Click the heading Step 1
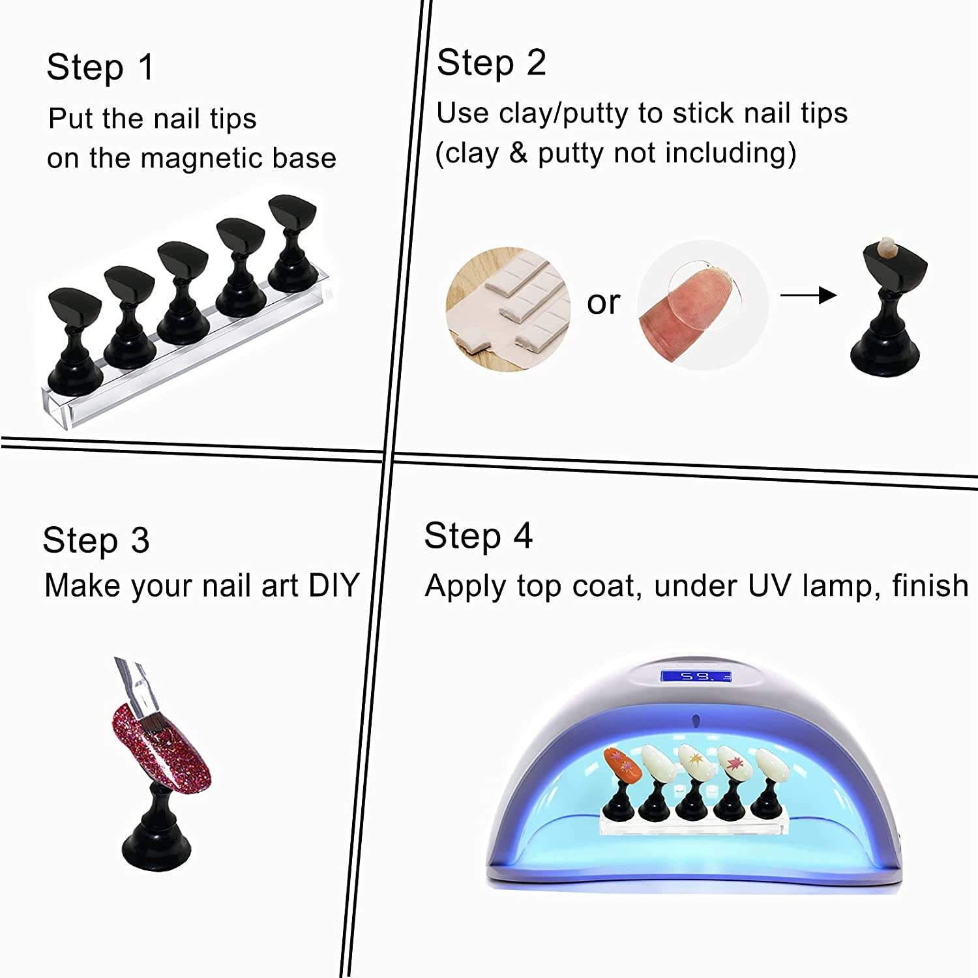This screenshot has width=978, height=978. point(100,67)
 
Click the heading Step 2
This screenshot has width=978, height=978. point(491,63)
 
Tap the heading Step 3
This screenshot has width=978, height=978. point(96,541)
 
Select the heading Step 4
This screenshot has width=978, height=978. point(478,537)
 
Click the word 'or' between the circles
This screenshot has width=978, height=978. point(603,302)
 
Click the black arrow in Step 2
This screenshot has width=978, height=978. point(808,295)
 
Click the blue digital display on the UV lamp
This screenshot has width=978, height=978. point(696,676)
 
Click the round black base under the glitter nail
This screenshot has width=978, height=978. point(157,844)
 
